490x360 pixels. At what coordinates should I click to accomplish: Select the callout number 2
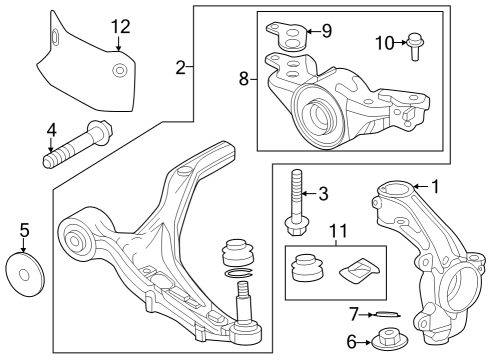pos(180,68)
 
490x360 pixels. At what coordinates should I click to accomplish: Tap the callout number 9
pos(326,30)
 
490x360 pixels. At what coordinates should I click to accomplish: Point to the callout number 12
pos(121,26)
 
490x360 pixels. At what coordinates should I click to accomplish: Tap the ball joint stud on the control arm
pos(243,300)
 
